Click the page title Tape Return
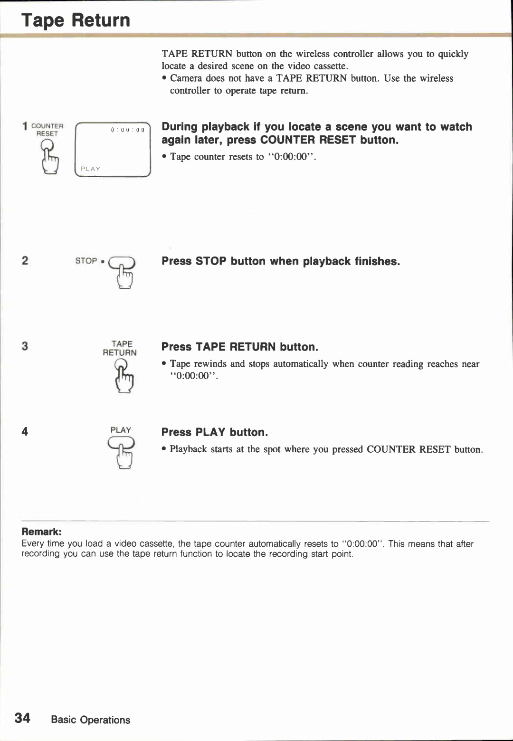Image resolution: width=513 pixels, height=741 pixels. pos(76,20)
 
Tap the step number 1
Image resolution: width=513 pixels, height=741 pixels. pos(25,126)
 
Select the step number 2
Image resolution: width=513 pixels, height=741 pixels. pos(25,260)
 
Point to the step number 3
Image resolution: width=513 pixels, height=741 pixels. pos(25,346)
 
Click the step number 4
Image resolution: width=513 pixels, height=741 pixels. pos(25,431)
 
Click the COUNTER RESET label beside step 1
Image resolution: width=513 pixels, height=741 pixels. pos(47,130)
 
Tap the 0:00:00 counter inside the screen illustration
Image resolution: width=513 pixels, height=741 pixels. pos(127,130)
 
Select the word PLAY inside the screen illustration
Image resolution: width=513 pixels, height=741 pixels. pos(90,169)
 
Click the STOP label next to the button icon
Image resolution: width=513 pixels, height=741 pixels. pos(86,261)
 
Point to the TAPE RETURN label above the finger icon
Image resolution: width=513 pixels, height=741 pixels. pos(120,348)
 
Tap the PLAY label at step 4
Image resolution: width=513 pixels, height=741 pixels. pos(121,430)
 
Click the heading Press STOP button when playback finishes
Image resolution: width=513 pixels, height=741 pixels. pos(280,261)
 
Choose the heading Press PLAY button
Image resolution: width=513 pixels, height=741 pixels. pos(214,432)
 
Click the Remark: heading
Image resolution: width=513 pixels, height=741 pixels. pos(41,532)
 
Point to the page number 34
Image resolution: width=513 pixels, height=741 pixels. pos(22,718)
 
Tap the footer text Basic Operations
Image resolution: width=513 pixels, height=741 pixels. pos(90,720)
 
